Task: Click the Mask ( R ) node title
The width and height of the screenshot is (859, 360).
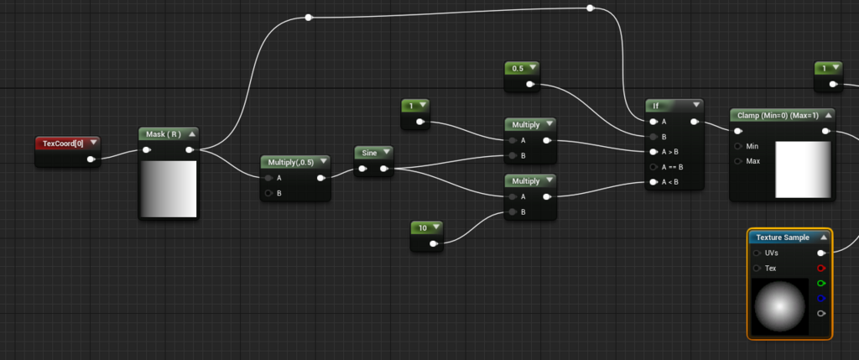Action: coord(163,134)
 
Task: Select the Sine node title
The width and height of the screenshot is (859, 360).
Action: coord(369,152)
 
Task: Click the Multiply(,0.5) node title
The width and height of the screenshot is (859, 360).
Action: coord(291,162)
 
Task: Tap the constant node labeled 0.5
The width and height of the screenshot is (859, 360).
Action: coord(518,68)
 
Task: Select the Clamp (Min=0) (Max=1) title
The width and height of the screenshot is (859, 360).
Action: coord(776,115)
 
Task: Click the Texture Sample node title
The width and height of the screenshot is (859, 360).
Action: coord(783,237)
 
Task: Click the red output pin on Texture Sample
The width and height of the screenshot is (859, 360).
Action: coord(821,269)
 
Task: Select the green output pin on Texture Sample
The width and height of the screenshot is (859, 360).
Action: coord(821,284)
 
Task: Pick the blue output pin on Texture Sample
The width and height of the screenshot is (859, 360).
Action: coord(821,298)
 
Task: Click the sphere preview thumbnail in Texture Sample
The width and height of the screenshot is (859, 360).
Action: coord(781,307)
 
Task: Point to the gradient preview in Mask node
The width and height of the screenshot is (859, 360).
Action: coord(169,189)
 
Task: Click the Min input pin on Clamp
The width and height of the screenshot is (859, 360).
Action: coord(738,146)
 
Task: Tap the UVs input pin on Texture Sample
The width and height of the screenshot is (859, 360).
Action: coord(757,253)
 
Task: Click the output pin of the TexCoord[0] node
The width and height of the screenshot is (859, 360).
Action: coord(91,159)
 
